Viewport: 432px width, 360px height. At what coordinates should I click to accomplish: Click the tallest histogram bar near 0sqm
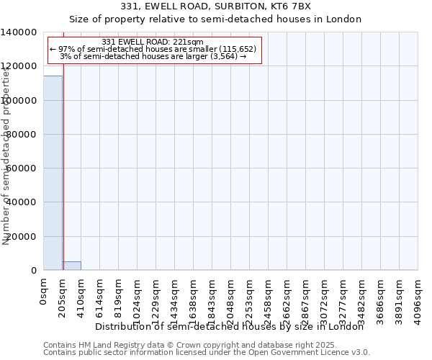tap(53, 173)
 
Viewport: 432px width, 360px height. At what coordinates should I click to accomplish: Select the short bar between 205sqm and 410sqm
tap(71, 266)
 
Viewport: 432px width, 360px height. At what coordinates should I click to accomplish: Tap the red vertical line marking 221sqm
tap(63, 158)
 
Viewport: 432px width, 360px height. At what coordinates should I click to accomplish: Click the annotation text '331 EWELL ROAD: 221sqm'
tap(153, 42)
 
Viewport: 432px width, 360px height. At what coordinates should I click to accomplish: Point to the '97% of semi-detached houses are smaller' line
tap(153, 49)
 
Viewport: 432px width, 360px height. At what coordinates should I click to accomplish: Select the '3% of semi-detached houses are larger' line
tap(153, 56)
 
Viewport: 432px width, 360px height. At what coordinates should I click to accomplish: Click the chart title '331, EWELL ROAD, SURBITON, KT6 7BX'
tap(216, 6)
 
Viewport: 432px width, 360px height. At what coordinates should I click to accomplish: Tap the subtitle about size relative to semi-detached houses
tap(216, 19)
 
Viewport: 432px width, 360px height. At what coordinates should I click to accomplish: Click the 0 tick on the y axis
tap(34, 271)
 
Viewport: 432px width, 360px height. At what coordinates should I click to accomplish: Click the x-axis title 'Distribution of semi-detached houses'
tap(230, 327)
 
